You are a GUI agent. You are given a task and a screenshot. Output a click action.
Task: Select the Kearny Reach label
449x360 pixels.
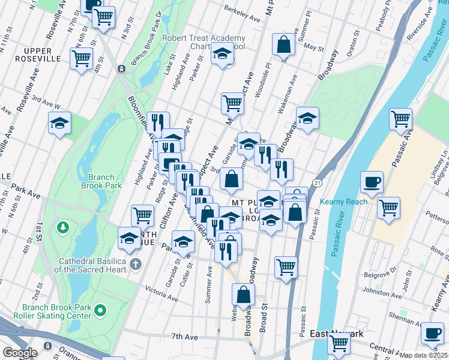343,202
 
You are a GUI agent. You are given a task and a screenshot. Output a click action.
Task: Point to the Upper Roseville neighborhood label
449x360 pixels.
35,55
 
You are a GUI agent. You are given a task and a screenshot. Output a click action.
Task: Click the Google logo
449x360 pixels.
20,353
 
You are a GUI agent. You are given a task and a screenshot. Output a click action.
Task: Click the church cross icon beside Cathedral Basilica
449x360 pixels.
136,264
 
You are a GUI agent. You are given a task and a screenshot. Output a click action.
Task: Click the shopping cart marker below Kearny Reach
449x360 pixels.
389,208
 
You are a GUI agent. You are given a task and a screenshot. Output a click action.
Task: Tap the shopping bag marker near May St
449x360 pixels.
284,44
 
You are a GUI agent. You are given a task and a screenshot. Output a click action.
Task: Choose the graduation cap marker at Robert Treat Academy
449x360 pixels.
222,55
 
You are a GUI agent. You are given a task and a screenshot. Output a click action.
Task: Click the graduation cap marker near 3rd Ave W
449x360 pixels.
59,123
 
